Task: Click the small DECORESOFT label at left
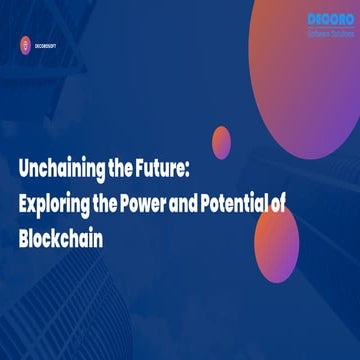pos(51,43)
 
